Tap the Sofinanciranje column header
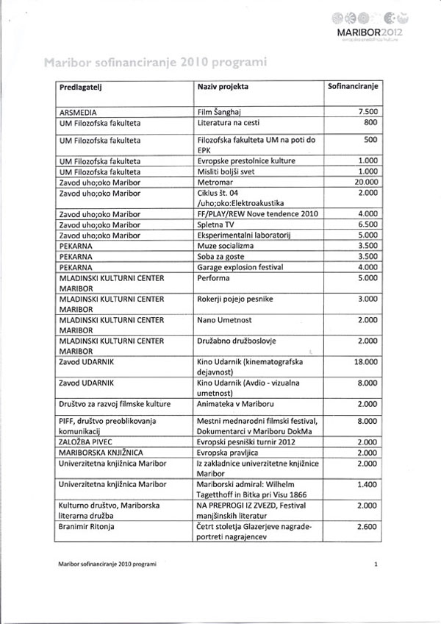pyautogui.click(x=352, y=87)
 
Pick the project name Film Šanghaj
pyautogui.click(x=219, y=111)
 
